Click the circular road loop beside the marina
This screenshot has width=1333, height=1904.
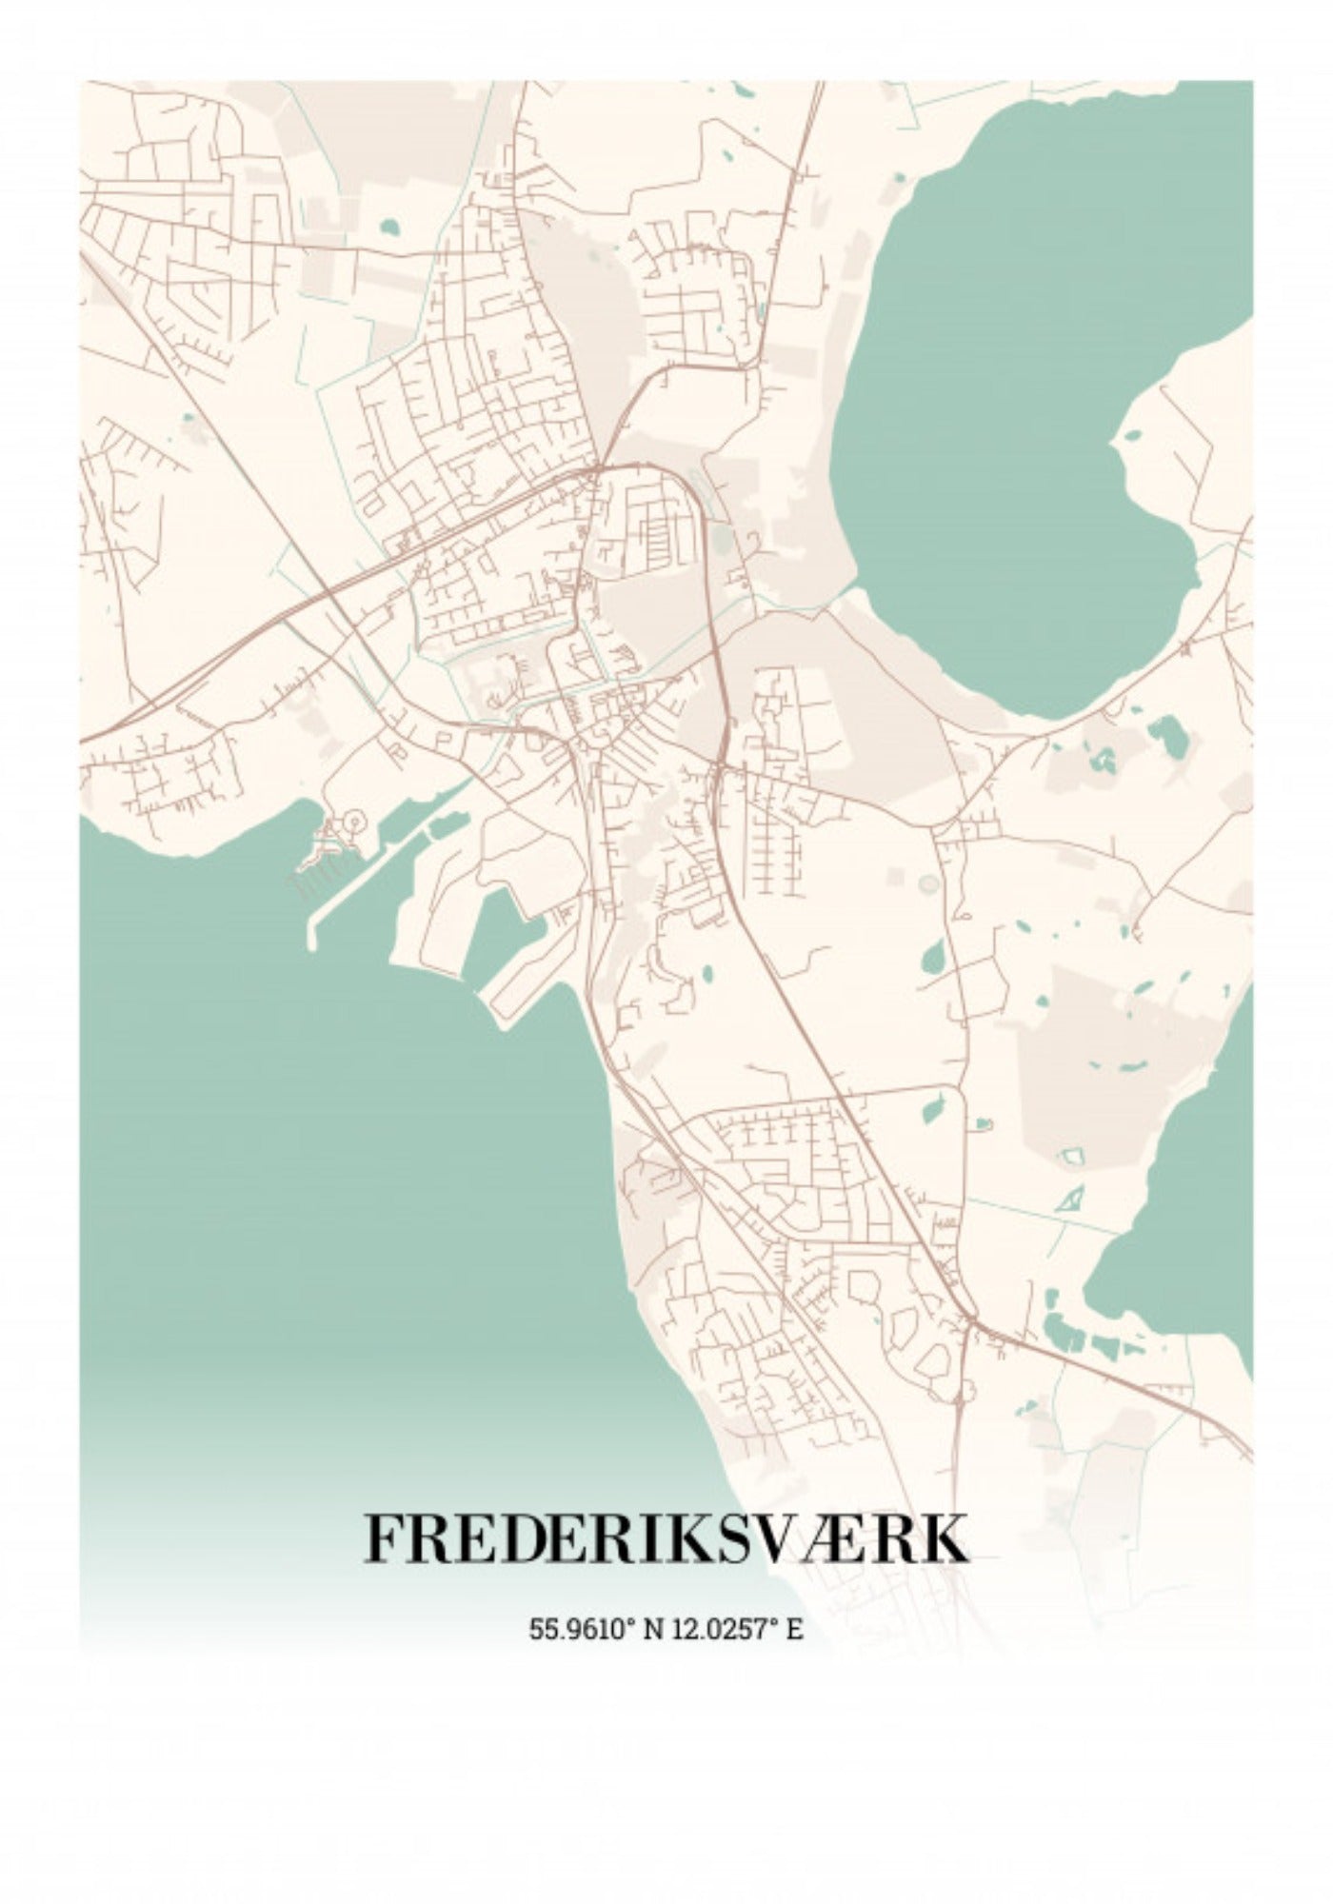[x=353, y=819]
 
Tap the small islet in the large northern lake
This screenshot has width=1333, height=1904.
[x=1132, y=437]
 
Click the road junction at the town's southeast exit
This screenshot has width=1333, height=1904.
[x=969, y=1319]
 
